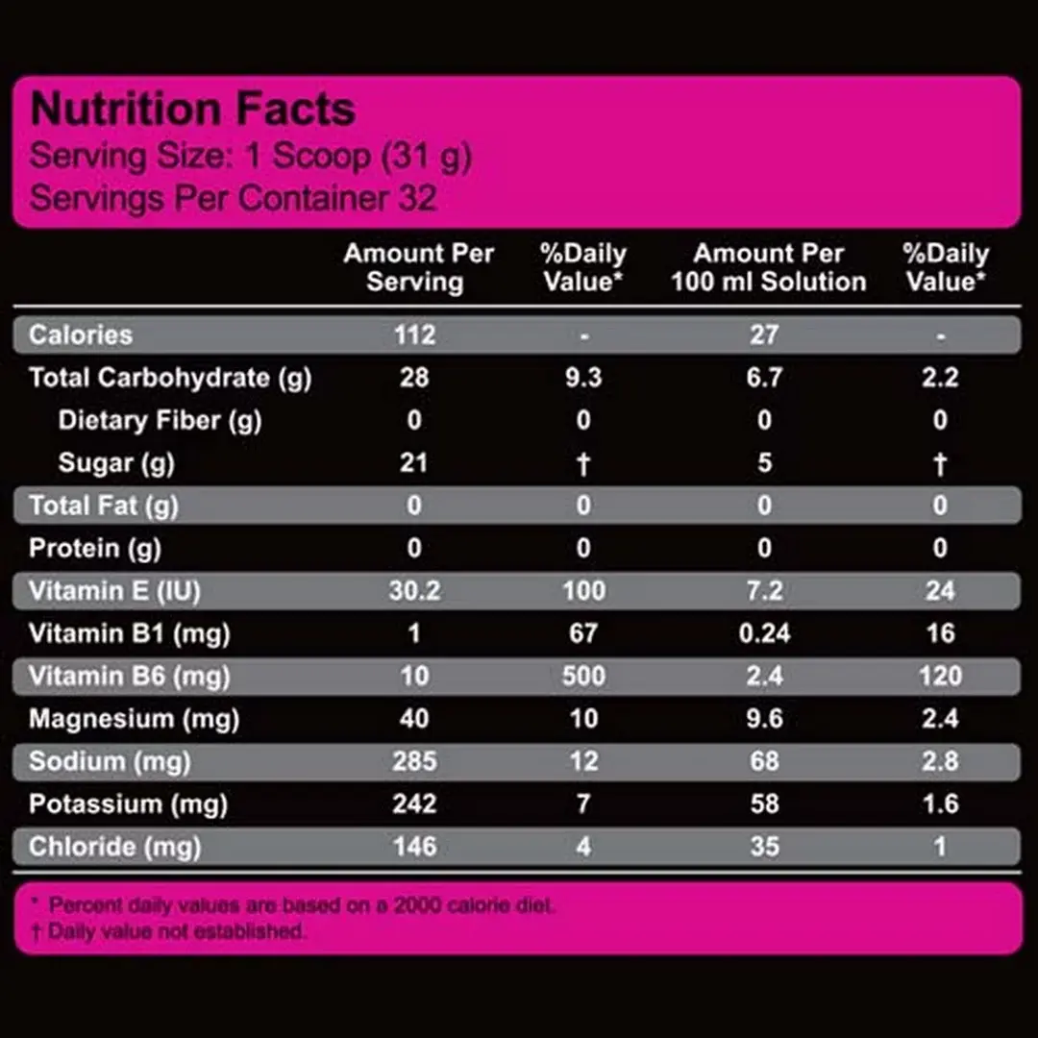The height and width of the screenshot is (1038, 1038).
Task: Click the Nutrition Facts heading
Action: point(193,110)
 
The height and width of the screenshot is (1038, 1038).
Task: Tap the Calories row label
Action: point(81,334)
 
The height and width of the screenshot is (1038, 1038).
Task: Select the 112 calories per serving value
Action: point(414,334)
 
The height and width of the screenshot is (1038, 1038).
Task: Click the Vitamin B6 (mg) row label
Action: point(130,676)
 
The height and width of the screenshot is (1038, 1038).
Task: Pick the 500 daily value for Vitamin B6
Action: point(583,676)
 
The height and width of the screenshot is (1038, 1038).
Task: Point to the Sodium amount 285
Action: point(414,761)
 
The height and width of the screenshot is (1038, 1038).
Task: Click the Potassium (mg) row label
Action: point(128,803)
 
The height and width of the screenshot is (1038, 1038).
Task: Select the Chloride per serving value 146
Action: point(414,847)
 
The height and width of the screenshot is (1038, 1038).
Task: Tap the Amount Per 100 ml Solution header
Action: point(768,267)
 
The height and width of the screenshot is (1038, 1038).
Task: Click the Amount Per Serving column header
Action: point(418,267)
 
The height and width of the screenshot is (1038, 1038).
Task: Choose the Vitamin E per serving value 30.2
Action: point(414,590)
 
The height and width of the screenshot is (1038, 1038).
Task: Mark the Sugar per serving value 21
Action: point(414,462)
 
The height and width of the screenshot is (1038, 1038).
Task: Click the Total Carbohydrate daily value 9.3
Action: point(583,377)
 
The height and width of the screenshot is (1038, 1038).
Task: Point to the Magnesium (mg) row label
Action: point(134,718)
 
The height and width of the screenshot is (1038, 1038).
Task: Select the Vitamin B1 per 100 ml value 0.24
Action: point(764,632)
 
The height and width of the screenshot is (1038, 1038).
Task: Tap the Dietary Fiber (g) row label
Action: point(160,420)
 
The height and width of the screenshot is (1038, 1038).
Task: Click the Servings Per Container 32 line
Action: point(234,199)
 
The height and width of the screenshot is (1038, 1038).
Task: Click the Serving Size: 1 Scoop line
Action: point(251,157)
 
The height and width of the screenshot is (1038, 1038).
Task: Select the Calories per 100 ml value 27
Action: point(764,334)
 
